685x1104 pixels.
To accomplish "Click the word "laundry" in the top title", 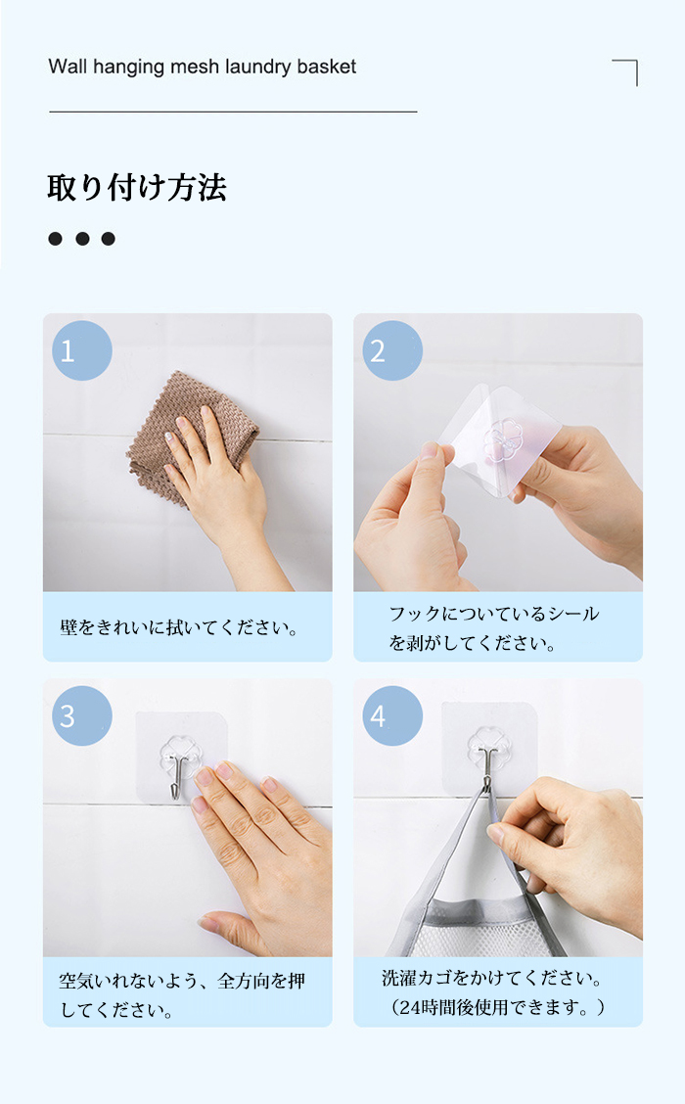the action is click(x=257, y=67).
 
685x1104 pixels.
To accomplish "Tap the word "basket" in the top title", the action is click(x=326, y=67).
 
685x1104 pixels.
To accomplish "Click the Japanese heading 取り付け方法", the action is click(x=137, y=188).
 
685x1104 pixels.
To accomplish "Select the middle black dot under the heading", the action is click(x=82, y=239).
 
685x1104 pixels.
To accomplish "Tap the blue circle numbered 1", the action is click(x=81, y=350).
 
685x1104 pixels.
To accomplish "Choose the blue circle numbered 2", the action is click(x=392, y=350).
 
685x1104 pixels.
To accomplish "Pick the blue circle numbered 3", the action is click(x=81, y=716).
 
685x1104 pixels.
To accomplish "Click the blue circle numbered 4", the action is click(x=392, y=716).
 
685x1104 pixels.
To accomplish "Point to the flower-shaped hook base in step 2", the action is click(x=503, y=439).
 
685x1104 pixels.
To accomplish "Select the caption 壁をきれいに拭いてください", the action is click(x=180, y=627).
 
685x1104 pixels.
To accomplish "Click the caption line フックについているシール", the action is click(x=494, y=614).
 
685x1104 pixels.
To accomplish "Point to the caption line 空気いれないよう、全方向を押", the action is click(x=182, y=981).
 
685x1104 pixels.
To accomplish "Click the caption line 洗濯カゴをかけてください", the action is click(x=492, y=978).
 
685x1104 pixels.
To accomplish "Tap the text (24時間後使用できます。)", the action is click(x=498, y=1007).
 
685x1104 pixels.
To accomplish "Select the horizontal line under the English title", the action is click(x=233, y=112).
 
